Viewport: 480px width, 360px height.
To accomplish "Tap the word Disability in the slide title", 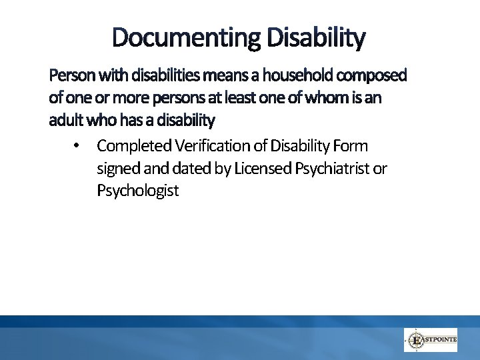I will click(316, 38).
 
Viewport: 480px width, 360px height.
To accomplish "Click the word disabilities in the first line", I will click(155, 76).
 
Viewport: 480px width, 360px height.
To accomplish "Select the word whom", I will click(325, 98).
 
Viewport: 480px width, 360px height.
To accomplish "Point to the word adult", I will click(64, 121).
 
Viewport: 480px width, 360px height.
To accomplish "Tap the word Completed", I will click(133, 146).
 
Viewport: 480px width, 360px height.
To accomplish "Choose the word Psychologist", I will click(138, 191).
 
